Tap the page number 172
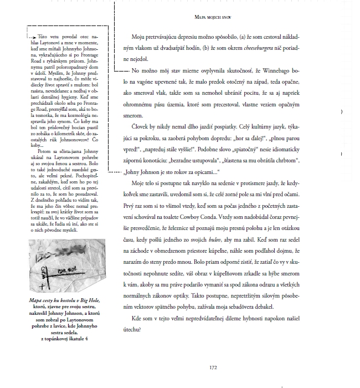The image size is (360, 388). click(213, 366)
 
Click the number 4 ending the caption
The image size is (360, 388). click(86, 339)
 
